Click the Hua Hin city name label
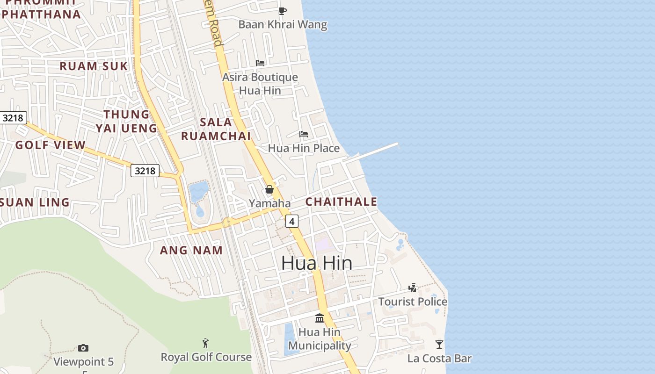coord(317,263)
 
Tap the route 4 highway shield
coord(292,221)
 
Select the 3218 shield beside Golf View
coord(13,118)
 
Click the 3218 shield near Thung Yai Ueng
coord(145,171)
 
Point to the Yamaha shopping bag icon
coord(269,189)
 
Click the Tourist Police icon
coord(412,288)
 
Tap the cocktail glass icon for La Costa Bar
coord(439,345)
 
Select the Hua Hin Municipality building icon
coord(320,318)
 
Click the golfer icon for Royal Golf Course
coord(205,344)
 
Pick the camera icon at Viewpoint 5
coord(83,348)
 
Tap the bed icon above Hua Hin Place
coord(304,135)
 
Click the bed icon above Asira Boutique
coord(260,63)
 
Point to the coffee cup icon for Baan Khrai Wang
coord(282,11)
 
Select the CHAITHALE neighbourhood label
coord(341,202)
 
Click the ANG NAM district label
coord(191,251)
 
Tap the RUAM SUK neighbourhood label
coord(94,66)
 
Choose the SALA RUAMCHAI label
coord(216,129)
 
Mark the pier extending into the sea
coord(377,151)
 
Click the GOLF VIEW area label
coord(51,145)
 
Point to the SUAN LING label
coord(35,203)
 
